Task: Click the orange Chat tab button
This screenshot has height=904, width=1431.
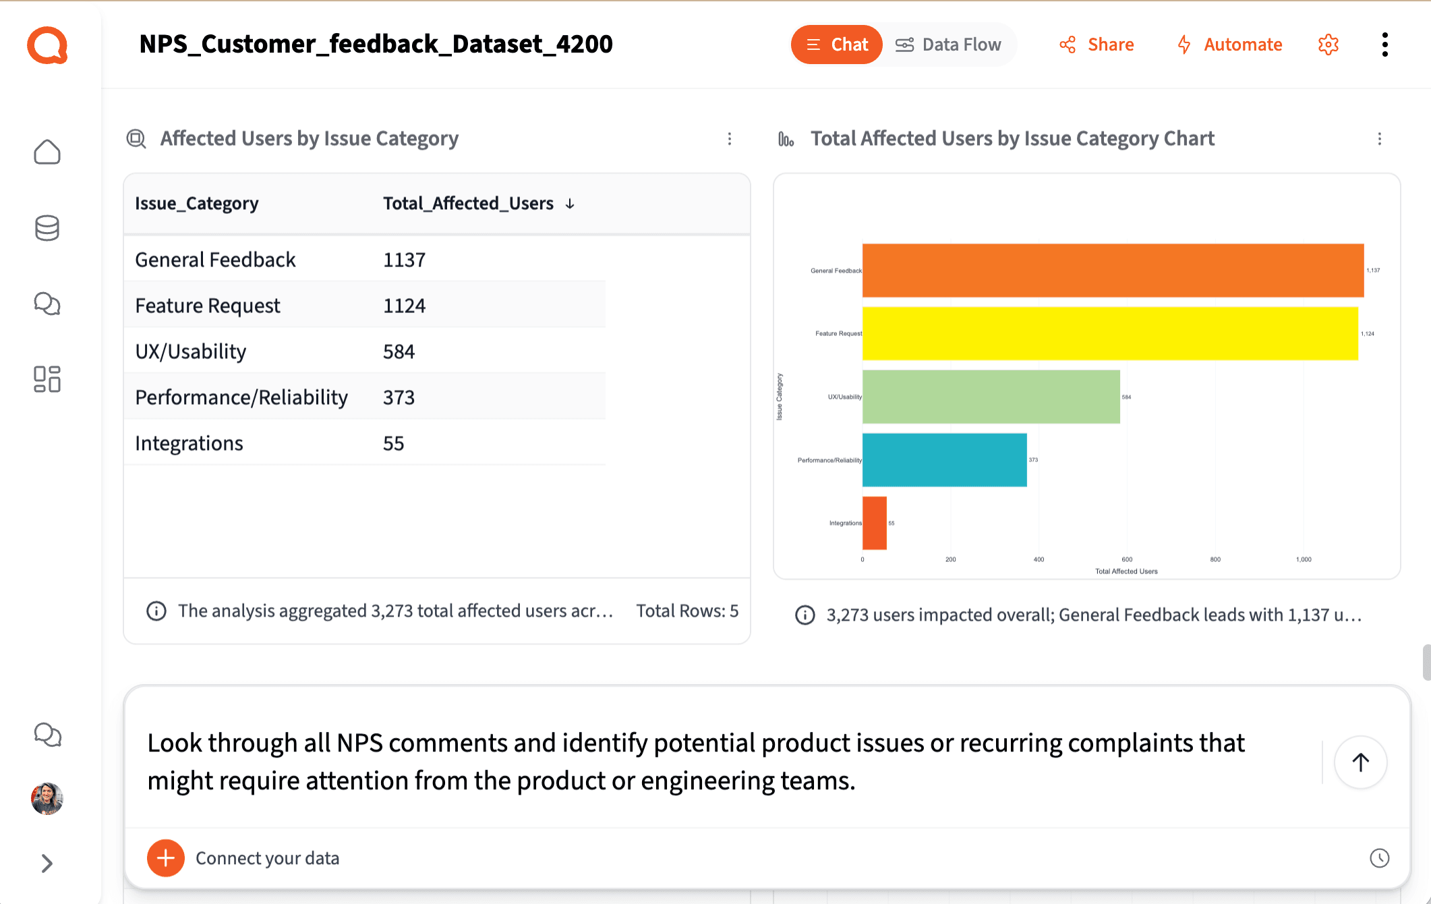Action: (836, 45)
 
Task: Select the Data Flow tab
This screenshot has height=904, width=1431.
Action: (948, 45)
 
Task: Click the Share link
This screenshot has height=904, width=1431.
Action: (1097, 45)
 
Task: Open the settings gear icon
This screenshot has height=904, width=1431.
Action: (1328, 45)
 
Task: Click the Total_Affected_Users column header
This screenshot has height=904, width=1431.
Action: (468, 204)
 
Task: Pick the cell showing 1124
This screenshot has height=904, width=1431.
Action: (404, 306)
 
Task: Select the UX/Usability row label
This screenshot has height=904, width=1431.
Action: (191, 351)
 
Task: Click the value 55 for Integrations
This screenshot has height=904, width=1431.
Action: (393, 443)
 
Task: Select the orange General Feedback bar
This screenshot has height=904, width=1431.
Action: (1113, 271)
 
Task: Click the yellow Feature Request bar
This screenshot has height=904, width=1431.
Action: (1109, 333)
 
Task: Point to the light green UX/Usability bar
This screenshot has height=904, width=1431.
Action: (991, 397)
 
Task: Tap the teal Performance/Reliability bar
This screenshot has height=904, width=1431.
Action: (944, 460)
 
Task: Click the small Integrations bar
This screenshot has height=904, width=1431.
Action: (874, 523)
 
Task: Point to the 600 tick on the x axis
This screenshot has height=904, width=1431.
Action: (1127, 559)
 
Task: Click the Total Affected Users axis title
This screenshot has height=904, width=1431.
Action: (1126, 571)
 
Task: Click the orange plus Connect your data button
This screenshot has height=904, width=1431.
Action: (166, 858)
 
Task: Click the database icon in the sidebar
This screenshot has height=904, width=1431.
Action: (47, 228)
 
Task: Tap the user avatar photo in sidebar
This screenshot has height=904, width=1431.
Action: (47, 799)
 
